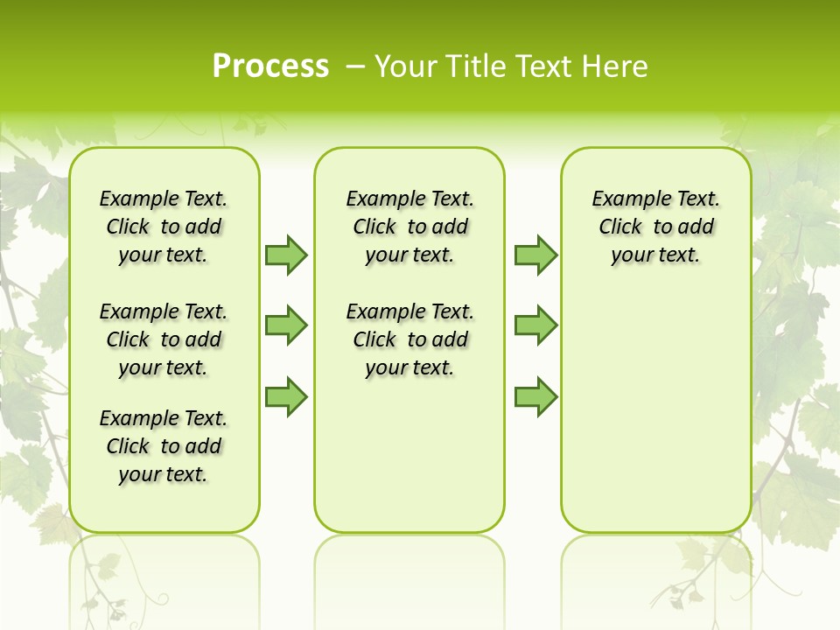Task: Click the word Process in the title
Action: click(270, 66)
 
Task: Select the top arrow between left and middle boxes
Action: click(286, 255)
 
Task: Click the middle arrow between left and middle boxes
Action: click(286, 325)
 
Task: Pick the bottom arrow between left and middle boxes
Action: click(286, 396)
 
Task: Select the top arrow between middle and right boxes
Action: click(535, 255)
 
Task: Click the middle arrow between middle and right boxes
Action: click(535, 325)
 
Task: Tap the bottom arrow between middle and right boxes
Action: click(535, 396)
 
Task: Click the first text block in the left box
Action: click(164, 227)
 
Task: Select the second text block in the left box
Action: click(164, 339)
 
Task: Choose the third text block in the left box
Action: click(164, 446)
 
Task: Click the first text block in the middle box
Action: click(409, 227)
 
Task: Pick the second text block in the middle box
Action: click(409, 339)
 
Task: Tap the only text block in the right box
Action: click(655, 227)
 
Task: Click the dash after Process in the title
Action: click(355, 66)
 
